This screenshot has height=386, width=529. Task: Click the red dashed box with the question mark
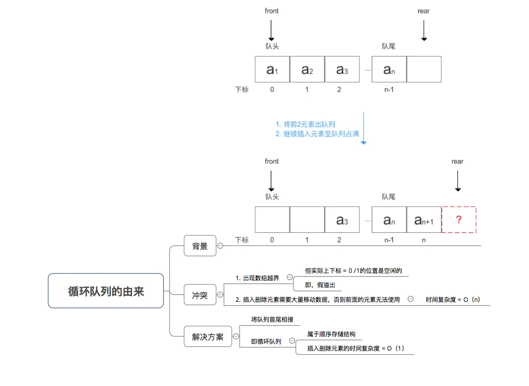point(459,220)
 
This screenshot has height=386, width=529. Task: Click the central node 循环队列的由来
point(106,291)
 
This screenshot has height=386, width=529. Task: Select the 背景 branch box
point(200,246)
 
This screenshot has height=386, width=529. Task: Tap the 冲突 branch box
point(200,295)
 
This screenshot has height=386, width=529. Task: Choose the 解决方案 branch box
point(208,337)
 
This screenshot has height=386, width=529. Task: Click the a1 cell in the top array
point(272,69)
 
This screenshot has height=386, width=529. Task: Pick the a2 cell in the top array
point(307,69)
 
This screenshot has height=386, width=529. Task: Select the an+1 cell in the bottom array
point(424,220)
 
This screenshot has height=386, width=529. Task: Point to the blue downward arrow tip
point(363,142)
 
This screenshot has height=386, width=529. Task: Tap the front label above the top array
point(272,11)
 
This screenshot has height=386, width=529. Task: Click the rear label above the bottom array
point(457,161)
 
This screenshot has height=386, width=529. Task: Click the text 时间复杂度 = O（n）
point(453,299)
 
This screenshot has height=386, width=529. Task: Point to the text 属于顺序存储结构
point(331,334)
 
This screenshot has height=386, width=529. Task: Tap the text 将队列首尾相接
point(272,320)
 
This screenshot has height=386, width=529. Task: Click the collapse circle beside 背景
point(220,246)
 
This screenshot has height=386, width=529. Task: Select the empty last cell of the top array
point(424,69)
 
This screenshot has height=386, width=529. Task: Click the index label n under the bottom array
point(424,240)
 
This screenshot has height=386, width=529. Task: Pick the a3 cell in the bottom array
point(342,220)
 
